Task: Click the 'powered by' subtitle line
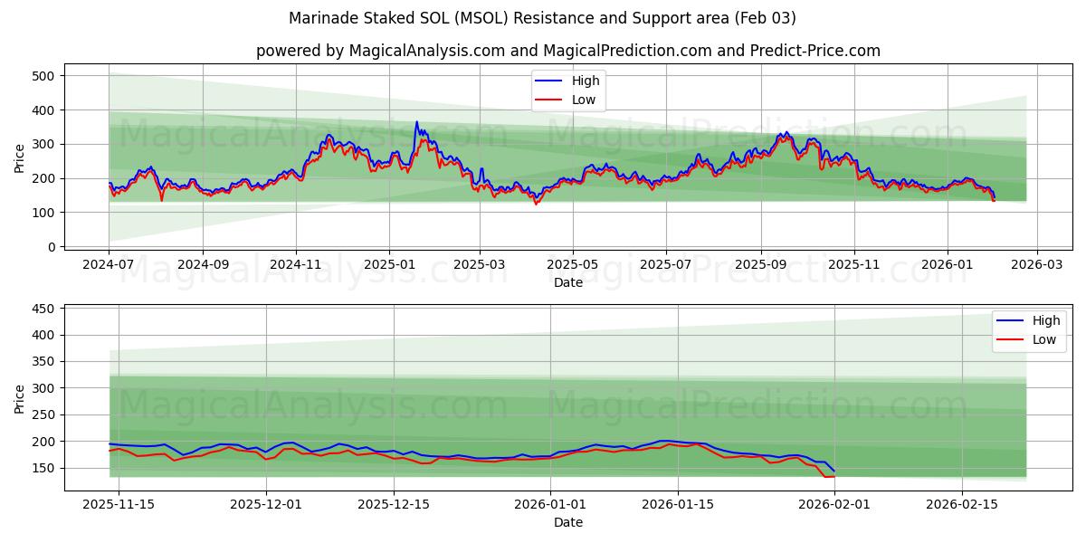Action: pyautogui.click(x=567, y=51)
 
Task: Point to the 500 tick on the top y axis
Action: pyautogui.click(x=42, y=76)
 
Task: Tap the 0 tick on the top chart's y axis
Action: pyautogui.click(x=51, y=247)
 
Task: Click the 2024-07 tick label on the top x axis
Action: pyautogui.click(x=109, y=265)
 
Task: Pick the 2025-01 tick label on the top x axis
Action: pyautogui.click(x=389, y=265)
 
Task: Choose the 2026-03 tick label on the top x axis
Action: pyautogui.click(x=1036, y=265)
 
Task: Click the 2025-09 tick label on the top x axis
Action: pyautogui.click(x=760, y=265)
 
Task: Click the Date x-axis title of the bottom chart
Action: pyautogui.click(x=567, y=522)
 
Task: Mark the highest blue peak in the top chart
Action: pyautogui.click(x=417, y=121)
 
